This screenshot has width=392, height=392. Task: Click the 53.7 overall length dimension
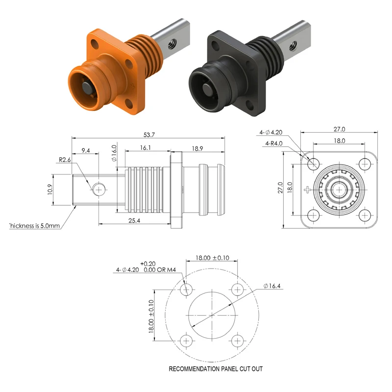[x=147, y=134]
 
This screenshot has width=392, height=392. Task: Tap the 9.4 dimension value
[x=86, y=150]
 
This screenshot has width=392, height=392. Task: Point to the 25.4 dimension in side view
[x=134, y=221]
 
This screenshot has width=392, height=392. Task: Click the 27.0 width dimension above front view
[x=340, y=129]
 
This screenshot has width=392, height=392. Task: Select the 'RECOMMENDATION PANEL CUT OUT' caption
[x=216, y=368]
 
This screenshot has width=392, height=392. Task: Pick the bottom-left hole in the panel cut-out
[x=186, y=341]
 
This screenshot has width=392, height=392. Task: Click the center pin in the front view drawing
[x=339, y=189]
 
